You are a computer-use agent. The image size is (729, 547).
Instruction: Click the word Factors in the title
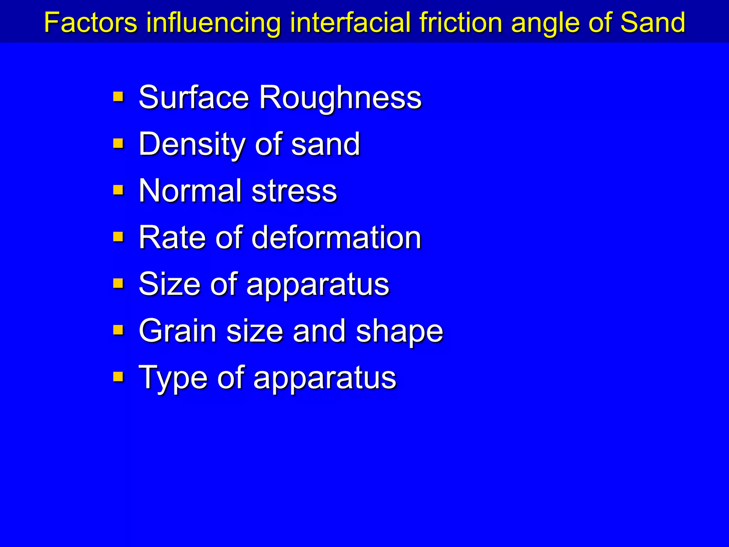(91, 22)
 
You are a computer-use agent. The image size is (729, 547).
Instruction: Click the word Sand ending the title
(652, 22)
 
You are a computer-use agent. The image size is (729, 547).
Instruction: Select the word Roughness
(340, 98)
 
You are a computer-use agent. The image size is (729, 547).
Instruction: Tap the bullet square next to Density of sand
(118, 144)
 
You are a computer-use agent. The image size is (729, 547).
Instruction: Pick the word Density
(192, 144)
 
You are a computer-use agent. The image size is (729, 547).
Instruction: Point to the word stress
(294, 192)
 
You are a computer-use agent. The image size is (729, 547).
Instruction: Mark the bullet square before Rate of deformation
(118, 237)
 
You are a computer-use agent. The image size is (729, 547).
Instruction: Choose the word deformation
(336, 238)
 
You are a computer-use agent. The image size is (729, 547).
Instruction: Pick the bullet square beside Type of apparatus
(118, 377)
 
